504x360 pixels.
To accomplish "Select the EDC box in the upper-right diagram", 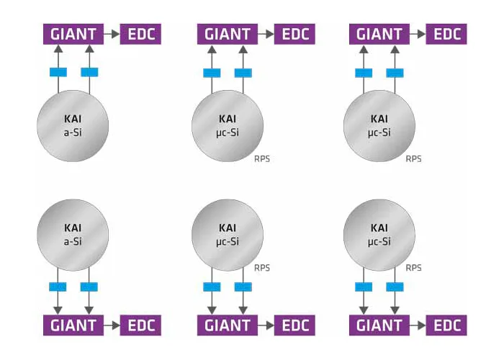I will point(446,34).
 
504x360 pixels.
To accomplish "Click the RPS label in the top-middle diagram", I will point(262,158).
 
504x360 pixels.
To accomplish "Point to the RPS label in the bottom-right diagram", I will point(414,267).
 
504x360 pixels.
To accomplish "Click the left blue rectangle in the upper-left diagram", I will point(58,72).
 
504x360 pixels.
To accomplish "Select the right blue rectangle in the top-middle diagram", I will point(243,72).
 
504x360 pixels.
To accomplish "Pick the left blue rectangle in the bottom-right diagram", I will point(364,287).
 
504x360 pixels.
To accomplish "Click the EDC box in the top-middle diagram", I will point(294,34).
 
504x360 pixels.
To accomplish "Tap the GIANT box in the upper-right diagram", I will point(379,34).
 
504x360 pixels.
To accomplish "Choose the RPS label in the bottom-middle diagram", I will point(262,267).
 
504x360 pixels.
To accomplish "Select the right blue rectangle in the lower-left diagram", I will point(89,287).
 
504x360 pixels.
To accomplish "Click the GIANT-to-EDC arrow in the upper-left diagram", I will point(111,34).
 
